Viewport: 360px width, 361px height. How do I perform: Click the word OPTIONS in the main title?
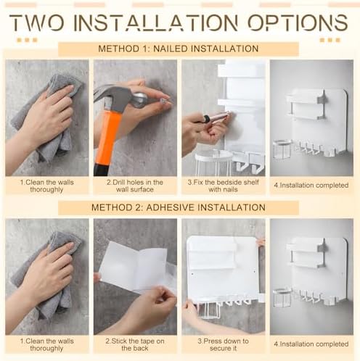coord(298,22)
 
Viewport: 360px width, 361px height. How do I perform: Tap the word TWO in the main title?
coord(37,22)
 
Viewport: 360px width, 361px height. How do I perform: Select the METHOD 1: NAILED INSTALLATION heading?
coord(179,49)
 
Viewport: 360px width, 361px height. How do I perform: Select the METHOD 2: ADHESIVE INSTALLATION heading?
coord(179,207)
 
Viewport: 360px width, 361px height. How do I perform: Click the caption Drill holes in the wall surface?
coord(135,186)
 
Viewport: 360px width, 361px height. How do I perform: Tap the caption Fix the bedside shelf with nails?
coord(223,186)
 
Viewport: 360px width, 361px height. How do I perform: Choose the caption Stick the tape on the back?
coord(135,344)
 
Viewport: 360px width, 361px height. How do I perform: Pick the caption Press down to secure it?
coord(223,344)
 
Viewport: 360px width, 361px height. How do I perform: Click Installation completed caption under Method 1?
coord(311,186)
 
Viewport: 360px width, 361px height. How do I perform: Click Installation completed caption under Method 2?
coord(311,344)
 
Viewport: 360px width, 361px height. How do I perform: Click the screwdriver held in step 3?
coord(216,117)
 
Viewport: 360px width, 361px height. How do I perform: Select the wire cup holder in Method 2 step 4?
coord(282,298)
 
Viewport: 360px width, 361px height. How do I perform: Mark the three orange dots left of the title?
coord(27,40)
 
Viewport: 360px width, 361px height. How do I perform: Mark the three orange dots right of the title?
coord(330,40)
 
